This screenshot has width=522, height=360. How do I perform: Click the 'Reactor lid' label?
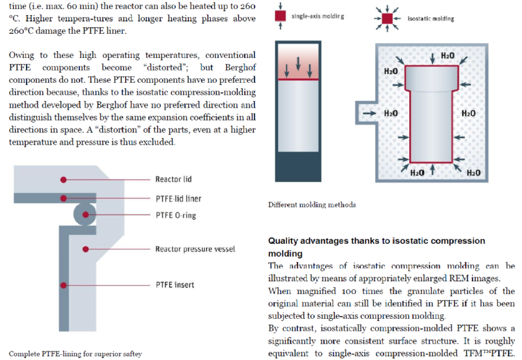(173, 179)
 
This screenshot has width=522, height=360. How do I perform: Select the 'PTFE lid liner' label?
(178, 198)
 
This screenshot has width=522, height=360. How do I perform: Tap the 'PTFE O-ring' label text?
(176, 215)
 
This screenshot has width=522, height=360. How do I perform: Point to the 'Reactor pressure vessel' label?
(194, 248)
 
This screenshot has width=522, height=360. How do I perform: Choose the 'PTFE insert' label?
(174, 285)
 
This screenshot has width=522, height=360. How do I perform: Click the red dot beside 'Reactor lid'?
(63, 179)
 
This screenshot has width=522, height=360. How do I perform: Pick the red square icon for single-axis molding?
(280, 14)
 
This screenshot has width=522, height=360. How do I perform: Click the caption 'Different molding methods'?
(312, 205)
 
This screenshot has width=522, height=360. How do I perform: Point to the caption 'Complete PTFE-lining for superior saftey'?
(75, 353)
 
